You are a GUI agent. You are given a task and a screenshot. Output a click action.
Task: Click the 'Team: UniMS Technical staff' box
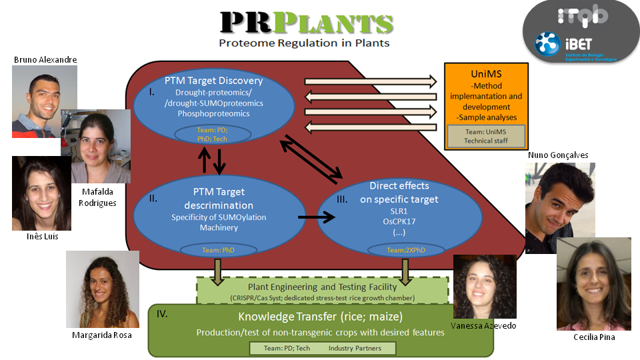(486, 136)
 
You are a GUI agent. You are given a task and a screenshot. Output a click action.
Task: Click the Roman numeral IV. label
(163, 312)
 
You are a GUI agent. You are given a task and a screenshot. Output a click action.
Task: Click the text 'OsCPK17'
(398, 221)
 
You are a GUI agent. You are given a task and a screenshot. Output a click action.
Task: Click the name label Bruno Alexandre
(45, 60)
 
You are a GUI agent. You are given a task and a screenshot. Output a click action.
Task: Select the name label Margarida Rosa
(101, 335)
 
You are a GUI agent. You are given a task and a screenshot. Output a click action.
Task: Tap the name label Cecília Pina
(593, 338)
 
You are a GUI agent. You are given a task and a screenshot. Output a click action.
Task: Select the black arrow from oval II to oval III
(315, 217)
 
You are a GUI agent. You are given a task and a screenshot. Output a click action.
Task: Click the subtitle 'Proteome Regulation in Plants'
(305, 43)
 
